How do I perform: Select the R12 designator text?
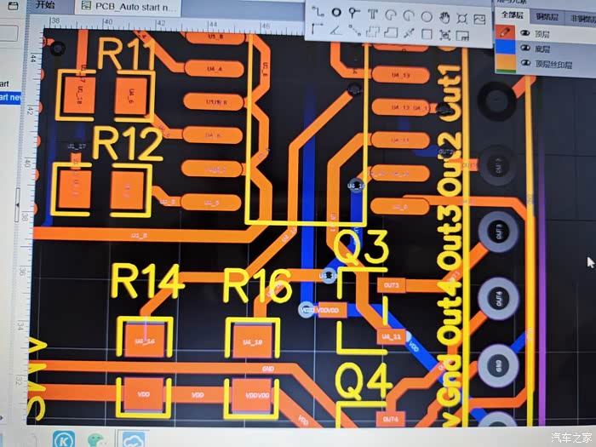pyautogui.click(x=128, y=144)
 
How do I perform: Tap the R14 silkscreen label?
pyautogui.click(x=147, y=283)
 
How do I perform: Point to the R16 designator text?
pyautogui.click(x=257, y=285)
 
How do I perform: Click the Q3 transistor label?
pyautogui.click(x=360, y=247)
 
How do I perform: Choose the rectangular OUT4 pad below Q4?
pyautogui.click(x=390, y=419)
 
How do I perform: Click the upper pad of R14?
pyautogui.click(x=145, y=341)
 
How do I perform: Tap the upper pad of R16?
pyautogui.click(x=252, y=341)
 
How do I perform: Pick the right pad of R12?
pyautogui.click(x=128, y=186)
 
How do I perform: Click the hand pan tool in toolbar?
pyautogui.click(x=444, y=15)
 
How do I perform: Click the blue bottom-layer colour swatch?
pyautogui.click(x=505, y=49)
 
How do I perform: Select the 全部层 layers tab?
pyautogui.click(x=513, y=14)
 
